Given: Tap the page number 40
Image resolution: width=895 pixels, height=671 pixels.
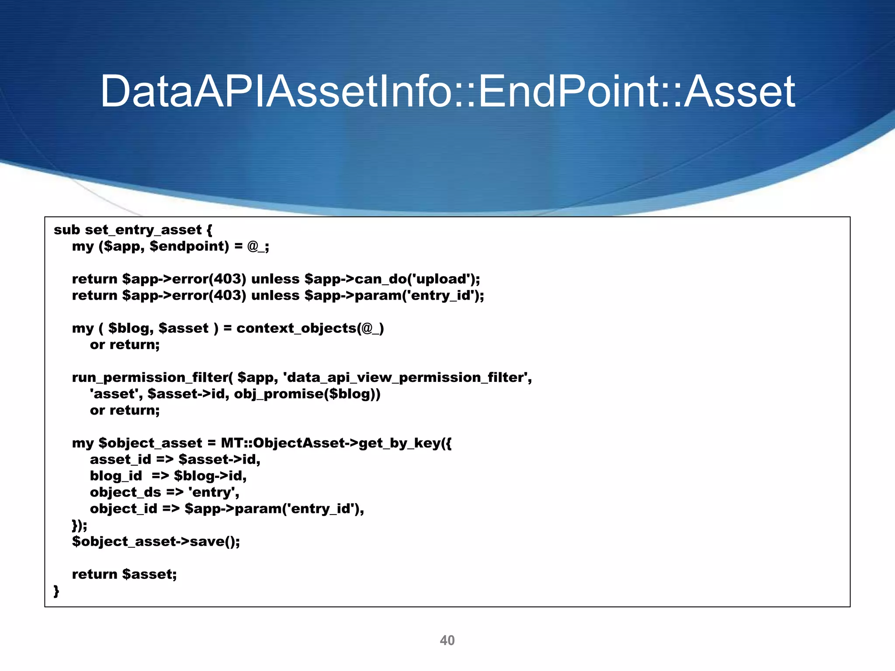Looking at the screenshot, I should pyautogui.click(x=447, y=640).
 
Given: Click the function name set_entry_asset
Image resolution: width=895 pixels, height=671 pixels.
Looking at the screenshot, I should pyautogui.click(x=143, y=230).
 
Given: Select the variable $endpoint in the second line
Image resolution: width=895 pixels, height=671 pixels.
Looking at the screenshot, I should pyautogui.click(x=189, y=246).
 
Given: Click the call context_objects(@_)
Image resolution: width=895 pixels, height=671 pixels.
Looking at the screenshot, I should pyautogui.click(x=310, y=328).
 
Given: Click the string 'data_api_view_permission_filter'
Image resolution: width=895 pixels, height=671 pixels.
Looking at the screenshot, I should pyautogui.click(x=407, y=377).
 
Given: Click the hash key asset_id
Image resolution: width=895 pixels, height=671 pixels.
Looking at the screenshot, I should pyautogui.click(x=120, y=460).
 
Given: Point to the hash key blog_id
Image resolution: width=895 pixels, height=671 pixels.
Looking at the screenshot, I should pyautogui.click(x=116, y=476).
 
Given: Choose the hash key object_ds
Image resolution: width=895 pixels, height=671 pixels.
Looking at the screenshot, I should pyautogui.click(x=125, y=492).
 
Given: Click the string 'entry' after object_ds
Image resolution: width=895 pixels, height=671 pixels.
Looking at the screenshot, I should pyautogui.click(x=213, y=492).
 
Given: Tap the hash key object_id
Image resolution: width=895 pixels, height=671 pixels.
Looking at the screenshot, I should pyautogui.click(x=123, y=508).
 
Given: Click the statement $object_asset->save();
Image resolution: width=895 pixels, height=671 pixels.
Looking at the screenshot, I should pyautogui.click(x=156, y=542).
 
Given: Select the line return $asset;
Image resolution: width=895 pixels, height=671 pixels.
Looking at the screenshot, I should pyautogui.click(x=124, y=574).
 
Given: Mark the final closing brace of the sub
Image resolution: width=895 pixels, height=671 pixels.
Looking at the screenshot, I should pyautogui.click(x=56, y=591).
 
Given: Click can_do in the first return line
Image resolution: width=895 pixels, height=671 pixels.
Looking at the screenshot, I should pyautogui.click(x=380, y=279).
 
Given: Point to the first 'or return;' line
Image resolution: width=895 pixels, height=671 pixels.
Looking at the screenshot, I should pyautogui.click(x=125, y=345).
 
